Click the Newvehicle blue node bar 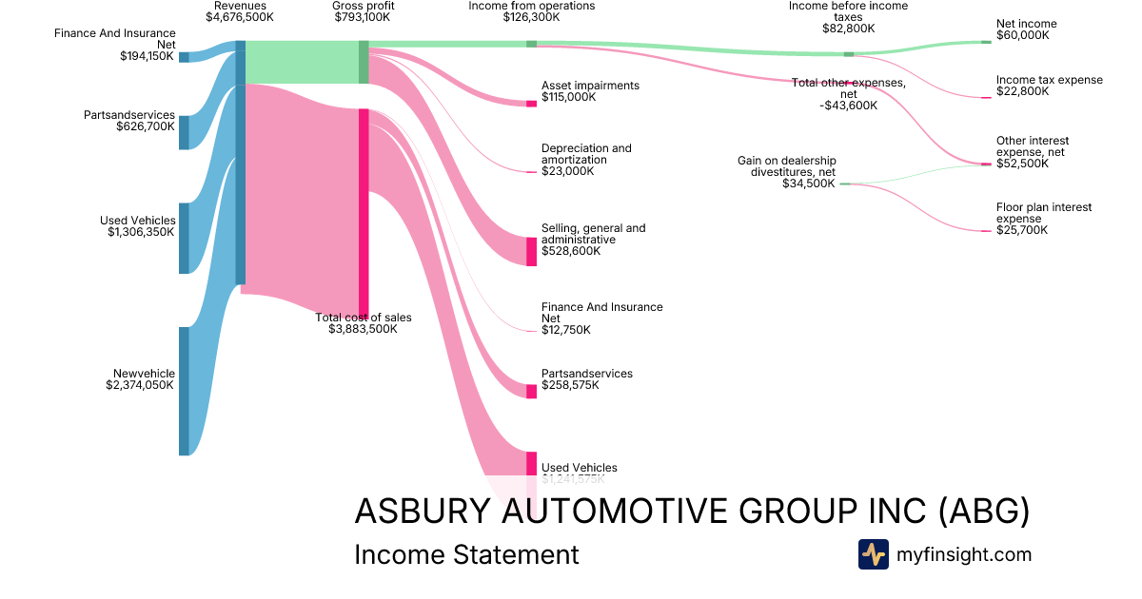pos(184,391)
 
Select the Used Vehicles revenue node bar pos(184,238)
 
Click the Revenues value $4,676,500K pos(240,17)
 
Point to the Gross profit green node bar pos(364,62)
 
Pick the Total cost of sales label pos(364,318)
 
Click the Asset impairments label pos(590,86)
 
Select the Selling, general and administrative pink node pos(531,251)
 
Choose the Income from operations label pos(531,6)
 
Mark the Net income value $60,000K pos(1022,35)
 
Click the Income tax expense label pos(1049,80)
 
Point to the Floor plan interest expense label pos(1043,212)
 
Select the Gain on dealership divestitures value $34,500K pos(808,184)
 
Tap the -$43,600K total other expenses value pos(848,106)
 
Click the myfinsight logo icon pos(873,554)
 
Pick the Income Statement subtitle pos(465,555)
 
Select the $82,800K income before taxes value pos(848,29)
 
